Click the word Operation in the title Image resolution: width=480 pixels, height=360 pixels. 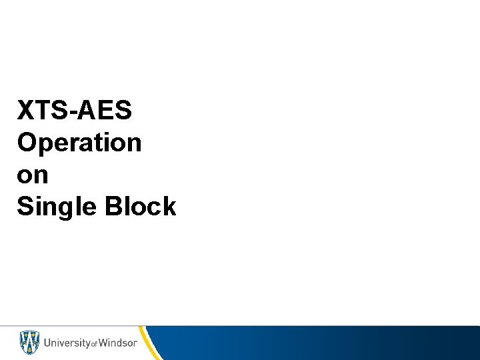[79, 143]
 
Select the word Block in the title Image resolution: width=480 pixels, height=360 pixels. [140, 207]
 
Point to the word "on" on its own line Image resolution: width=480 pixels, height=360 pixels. [33, 175]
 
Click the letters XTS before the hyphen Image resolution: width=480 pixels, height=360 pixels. [44, 110]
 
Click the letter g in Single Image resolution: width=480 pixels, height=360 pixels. [65, 210]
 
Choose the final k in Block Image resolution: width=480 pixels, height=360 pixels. [169, 207]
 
